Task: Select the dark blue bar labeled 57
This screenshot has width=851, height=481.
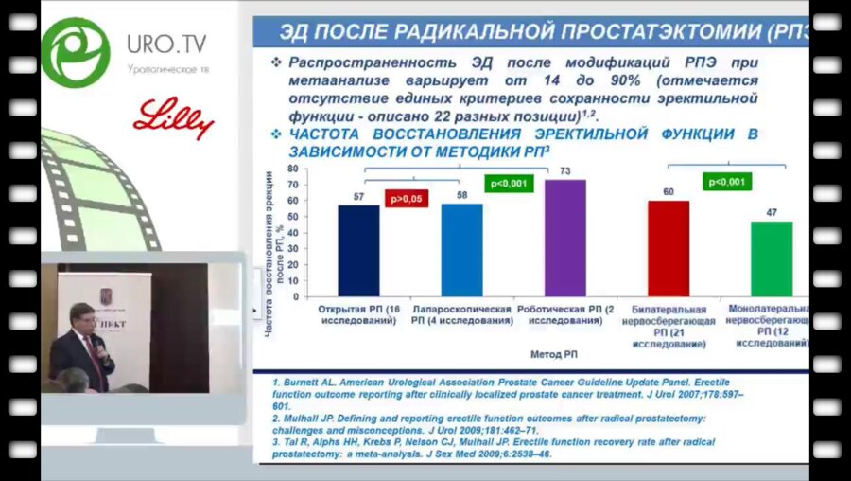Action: (x=358, y=251)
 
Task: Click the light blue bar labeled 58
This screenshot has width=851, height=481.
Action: (x=461, y=250)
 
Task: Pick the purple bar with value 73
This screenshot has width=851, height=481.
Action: (x=564, y=238)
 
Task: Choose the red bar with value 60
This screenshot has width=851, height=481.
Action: (x=669, y=248)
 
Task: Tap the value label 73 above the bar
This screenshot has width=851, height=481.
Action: (x=564, y=171)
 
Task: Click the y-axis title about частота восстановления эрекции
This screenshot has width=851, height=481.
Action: (x=274, y=254)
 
